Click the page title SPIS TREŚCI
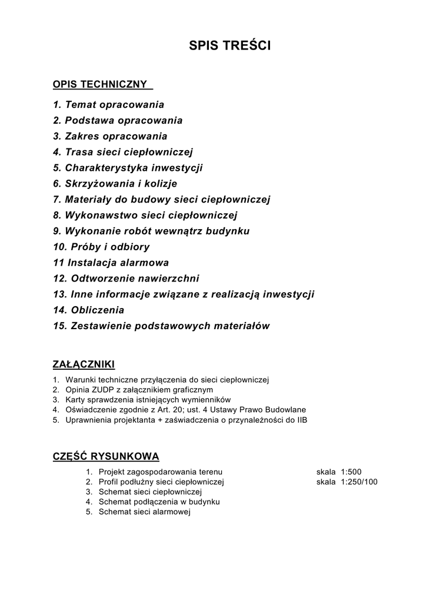pyautogui.click(x=230, y=46)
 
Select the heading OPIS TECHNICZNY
pyautogui.click(x=100, y=85)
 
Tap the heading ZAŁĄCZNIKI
pyautogui.click(x=84, y=363)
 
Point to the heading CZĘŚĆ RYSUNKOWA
pyautogui.click(x=106, y=456)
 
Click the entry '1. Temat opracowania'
pyautogui.click(x=108, y=105)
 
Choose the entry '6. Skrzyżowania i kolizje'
pyautogui.click(x=115, y=184)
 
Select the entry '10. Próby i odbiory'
pyautogui.click(x=101, y=247)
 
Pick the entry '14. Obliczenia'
pyautogui.click(x=88, y=310)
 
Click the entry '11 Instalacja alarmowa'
pyautogui.click(x=111, y=263)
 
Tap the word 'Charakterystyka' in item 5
pyautogui.click(x=107, y=168)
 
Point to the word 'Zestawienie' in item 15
pyautogui.click(x=102, y=326)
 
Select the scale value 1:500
pyautogui.click(x=351, y=472)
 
